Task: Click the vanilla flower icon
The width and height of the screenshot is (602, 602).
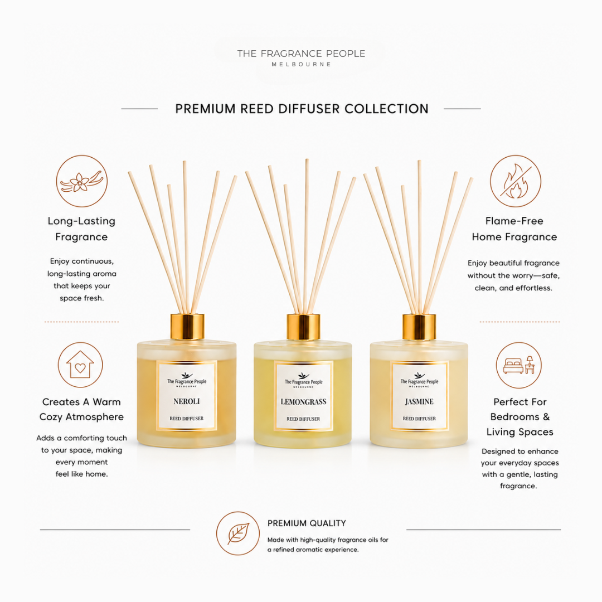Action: tap(82, 181)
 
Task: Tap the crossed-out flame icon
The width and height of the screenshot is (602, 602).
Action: tap(515, 181)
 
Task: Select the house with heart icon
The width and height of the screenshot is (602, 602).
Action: tap(80, 365)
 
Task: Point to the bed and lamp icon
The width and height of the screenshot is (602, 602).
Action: tap(519, 365)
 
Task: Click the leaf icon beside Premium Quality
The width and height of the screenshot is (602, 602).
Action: tap(238, 533)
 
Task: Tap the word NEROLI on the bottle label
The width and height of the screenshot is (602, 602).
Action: tap(187, 401)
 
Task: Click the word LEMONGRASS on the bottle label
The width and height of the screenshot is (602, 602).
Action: tap(303, 402)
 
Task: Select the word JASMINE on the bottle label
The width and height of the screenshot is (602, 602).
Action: tap(419, 401)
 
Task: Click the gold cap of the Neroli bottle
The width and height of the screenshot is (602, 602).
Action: tap(187, 327)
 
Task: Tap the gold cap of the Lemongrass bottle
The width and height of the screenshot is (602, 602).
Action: tap(303, 327)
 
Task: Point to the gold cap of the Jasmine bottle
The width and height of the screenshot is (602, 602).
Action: tap(419, 327)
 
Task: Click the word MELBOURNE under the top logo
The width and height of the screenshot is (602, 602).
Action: tap(302, 65)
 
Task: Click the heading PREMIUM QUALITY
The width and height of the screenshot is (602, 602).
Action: tap(307, 523)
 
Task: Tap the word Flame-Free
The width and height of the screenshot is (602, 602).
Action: tap(514, 221)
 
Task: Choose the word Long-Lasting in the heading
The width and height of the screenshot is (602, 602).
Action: tap(81, 221)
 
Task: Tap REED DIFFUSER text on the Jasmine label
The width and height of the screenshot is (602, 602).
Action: tap(419, 419)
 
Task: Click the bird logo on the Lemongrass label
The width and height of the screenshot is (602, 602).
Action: tap(303, 376)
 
